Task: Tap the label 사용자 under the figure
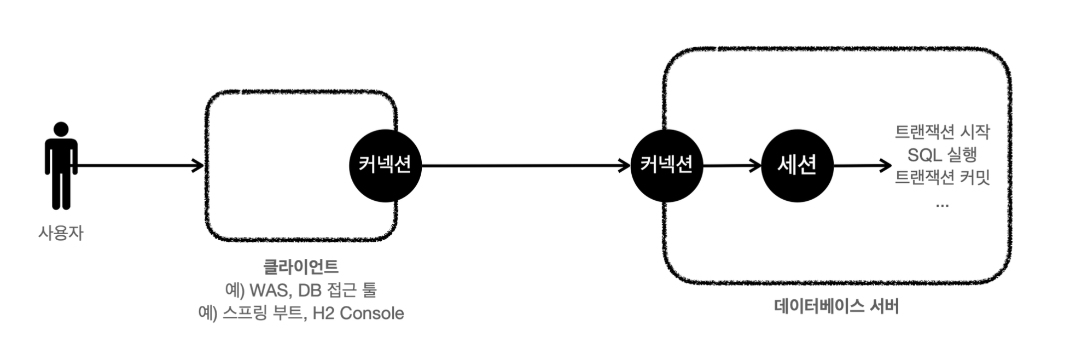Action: point(61,233)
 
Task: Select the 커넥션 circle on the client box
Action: point(385,165)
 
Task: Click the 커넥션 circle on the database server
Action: point(666,165)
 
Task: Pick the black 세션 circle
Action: point(797,165)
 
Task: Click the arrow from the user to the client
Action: point(139,165)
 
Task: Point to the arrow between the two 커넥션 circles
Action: point(525,165)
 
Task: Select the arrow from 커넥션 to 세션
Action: point(732,165)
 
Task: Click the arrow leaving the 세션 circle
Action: point(862,165)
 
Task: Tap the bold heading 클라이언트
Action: point(301,267)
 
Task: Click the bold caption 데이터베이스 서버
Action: point(836,306)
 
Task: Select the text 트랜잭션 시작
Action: point(942,132)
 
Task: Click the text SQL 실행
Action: point(942,155)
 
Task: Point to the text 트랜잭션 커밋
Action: point(942,178)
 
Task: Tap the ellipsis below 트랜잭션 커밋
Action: point(942,205)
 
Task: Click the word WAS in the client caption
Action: point(268,290)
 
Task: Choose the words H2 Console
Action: point(358,313)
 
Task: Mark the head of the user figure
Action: point(61,129)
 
